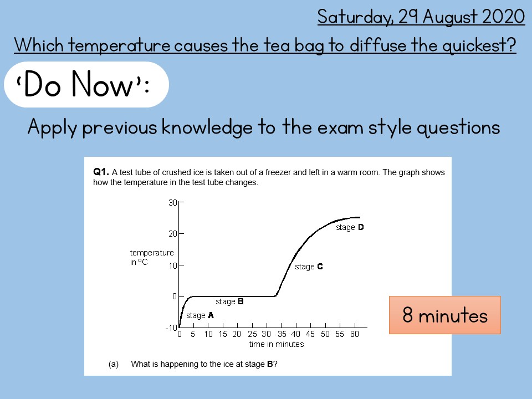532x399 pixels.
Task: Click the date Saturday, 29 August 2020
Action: tap(421, 17)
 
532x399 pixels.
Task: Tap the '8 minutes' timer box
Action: tap(445, 315)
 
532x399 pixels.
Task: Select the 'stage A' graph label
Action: tap(200, 315)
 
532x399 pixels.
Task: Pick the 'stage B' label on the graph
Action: tap(229, 302)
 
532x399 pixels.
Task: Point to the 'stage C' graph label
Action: tap(309, 267)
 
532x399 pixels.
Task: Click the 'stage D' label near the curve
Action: tap(350, 227)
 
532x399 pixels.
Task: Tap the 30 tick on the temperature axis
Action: tap(172, 203)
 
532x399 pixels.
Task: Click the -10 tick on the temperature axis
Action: tap(171, 328)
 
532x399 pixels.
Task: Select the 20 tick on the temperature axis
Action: tap(172, 234)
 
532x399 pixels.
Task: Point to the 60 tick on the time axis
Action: tap(354, 334)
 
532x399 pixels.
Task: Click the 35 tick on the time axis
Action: tap(282, 334)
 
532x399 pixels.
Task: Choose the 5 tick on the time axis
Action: tap(193, 334)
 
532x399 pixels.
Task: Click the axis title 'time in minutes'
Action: tap(277, 344)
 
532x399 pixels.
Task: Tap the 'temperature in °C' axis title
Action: tap(151, 257)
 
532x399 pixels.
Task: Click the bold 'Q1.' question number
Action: tap(101, 172)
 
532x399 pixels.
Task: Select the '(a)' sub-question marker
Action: tap(114, 364)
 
